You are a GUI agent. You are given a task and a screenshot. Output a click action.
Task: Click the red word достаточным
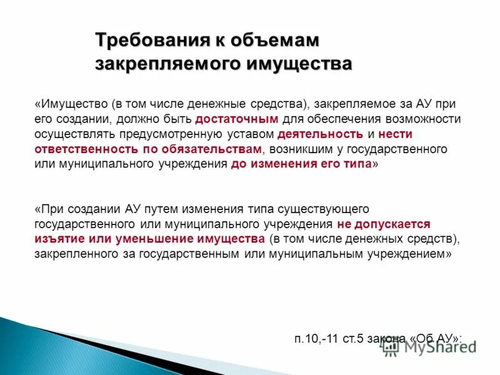click(236, 119)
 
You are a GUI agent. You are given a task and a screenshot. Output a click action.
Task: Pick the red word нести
click(395, 134)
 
